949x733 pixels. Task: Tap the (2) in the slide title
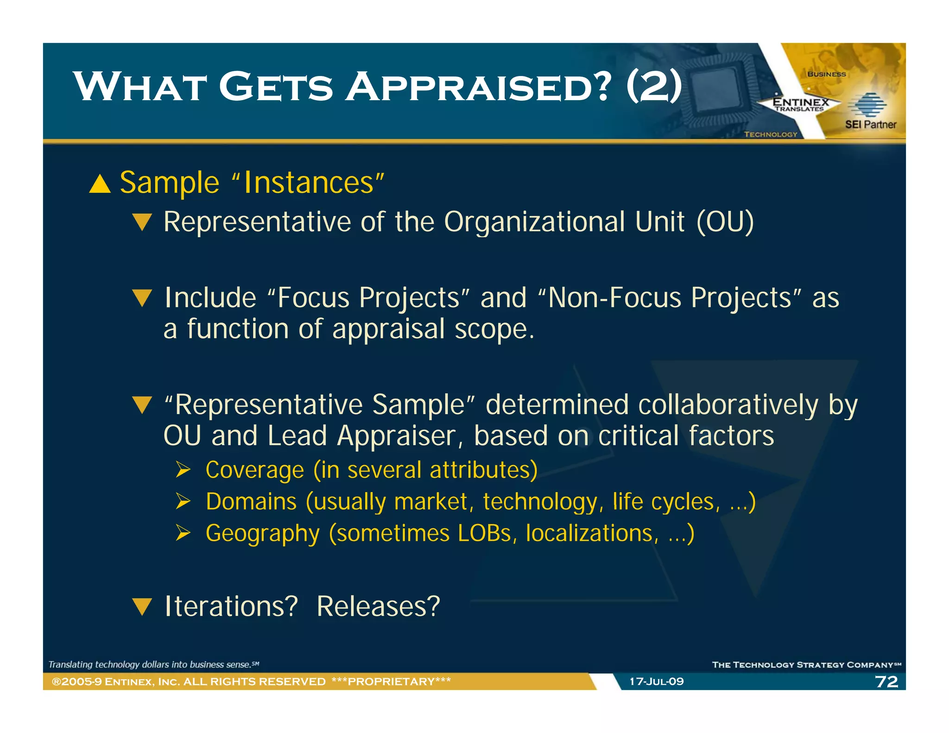654,87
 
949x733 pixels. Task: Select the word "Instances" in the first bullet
308,183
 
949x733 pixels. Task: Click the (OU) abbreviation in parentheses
725,222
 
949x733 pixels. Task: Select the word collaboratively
728,405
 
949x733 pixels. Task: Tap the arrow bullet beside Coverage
183,470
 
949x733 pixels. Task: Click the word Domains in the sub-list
251,502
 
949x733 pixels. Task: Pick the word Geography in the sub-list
263,534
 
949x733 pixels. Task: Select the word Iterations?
231,607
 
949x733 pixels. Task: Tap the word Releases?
378,607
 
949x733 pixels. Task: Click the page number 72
886,682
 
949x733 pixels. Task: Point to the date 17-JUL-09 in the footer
656,682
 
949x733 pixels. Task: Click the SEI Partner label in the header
870,125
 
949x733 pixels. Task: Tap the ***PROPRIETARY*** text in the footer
391,682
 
